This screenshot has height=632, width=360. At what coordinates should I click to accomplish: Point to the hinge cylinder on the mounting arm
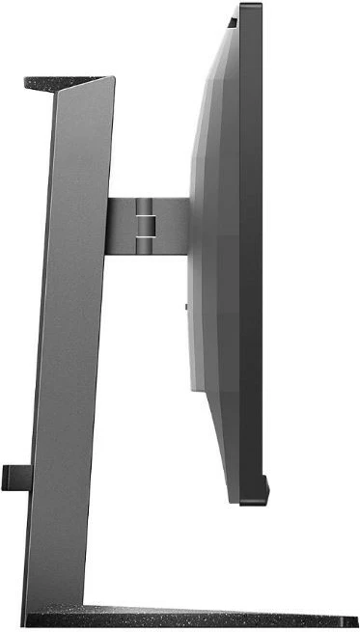144,213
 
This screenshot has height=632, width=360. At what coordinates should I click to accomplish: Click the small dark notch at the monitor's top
232,18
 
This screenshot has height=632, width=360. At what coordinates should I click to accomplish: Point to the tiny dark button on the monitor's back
185,307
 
